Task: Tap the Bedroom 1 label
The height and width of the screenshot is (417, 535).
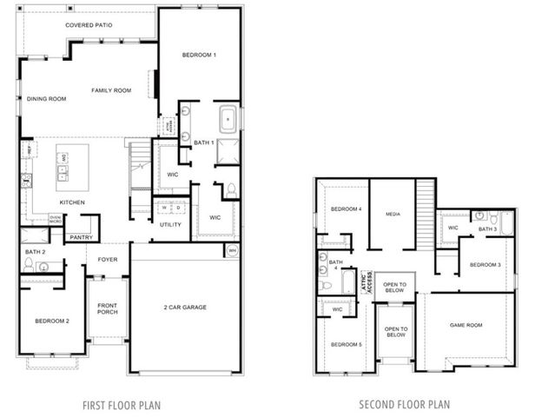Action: [x=199, y=55]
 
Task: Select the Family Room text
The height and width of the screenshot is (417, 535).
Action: [x=112, y=90]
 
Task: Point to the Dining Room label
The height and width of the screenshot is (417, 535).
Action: [x=47, y=99]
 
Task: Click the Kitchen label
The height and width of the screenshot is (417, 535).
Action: [x=72, y=202]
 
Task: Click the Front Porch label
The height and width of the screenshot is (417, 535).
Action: [x=107, y=308]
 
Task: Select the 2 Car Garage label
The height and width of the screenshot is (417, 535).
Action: [x=185, y=307]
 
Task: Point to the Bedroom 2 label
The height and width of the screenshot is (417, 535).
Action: [x=52, y=321]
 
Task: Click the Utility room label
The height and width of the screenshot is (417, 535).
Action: [x=170, y=224]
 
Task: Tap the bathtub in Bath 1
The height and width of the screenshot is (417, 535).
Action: [x=228, y=116]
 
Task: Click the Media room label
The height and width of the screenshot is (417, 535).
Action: [x=393, y=213]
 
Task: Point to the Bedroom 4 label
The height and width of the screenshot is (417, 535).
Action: [x=347, y=209]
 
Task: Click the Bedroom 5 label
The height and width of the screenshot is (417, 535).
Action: [x=347, y=345]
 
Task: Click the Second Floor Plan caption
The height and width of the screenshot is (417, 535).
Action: [x=404, y=404]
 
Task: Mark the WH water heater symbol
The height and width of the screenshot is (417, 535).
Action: [x=231, y=251]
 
